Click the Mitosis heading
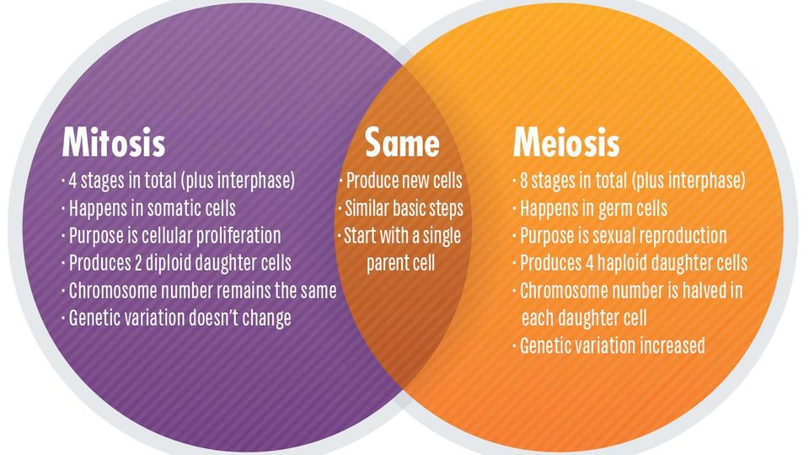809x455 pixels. pyautogui.click(x=114, y=142)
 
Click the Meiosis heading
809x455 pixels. pyautogui.click(x=566, y=142)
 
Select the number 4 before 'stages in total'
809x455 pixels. pyautogui.click(x=72, y=181)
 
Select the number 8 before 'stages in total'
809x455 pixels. pyautogui.click(x=523, y=181)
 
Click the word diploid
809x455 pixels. pyautogui.click(x=169, y=263)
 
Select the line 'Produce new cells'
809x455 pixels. pyautogui.click(x=404, y=181)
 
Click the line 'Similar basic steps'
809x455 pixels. pyautogui.click(x=404, y=208)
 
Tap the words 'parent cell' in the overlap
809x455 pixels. pyautogui.click(x=401, y=263)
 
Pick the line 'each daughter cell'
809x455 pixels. pyautogui.click(x=583, y=318)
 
